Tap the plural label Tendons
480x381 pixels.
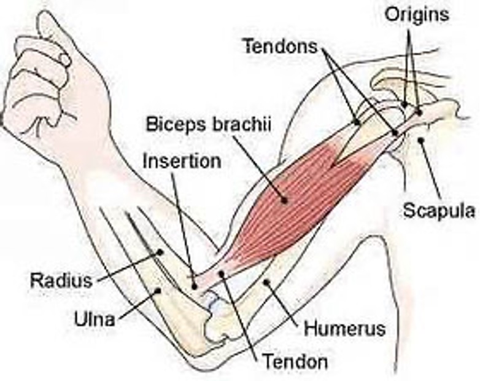(280, 46)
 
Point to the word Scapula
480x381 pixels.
(438, 211)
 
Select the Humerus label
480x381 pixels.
(344, 328)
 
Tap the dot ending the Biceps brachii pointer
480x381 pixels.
(284, 198)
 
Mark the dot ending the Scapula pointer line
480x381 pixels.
(421, 141)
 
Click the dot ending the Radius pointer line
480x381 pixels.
(160, 251)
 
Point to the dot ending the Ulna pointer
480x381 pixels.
(159, 291)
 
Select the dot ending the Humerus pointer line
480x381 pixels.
(266, 282)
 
